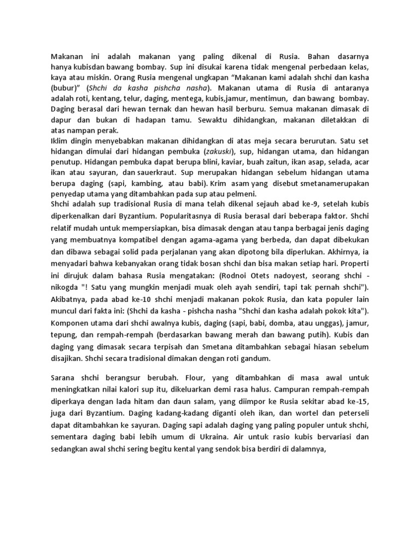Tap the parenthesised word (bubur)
point(64,87)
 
